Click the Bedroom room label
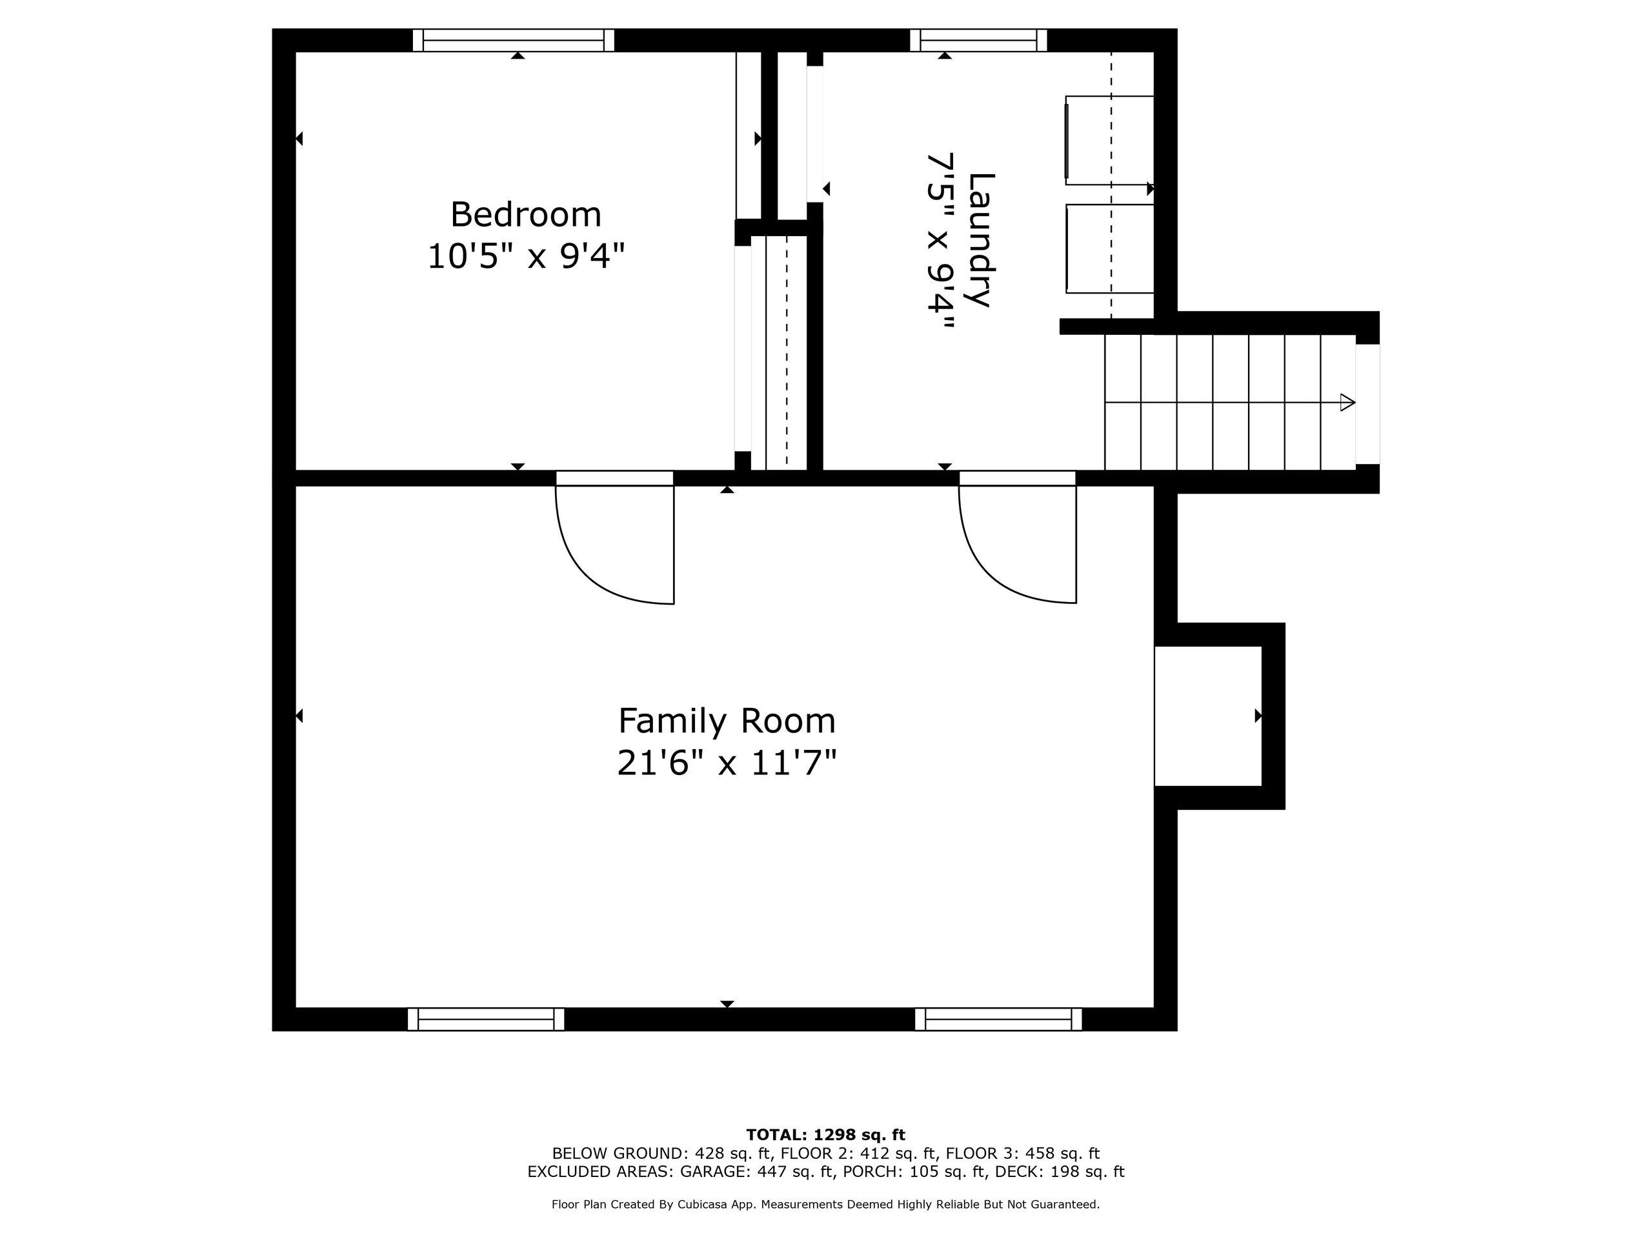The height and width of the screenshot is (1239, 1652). tap(526, 215)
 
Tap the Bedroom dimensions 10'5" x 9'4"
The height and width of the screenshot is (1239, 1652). tap(526, 257)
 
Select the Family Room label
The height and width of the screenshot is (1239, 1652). tap(727, 721)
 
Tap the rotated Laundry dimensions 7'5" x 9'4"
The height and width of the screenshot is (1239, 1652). tap(940, 241)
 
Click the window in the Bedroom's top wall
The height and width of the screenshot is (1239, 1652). tap(513, 40)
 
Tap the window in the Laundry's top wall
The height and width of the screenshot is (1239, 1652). tap(978, 40)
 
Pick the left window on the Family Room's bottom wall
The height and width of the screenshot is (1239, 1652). tap(486, 1019)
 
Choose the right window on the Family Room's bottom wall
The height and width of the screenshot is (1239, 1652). tap(998, 1019)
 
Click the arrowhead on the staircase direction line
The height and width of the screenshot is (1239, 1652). tap(1347, 403)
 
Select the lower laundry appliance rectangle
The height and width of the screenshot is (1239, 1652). tap(1110, 248)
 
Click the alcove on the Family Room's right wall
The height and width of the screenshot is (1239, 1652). tap(1207, 716)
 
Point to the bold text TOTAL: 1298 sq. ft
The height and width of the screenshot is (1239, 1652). tap(825, 1135)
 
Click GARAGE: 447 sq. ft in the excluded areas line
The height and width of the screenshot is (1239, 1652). tap(756, 1172)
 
